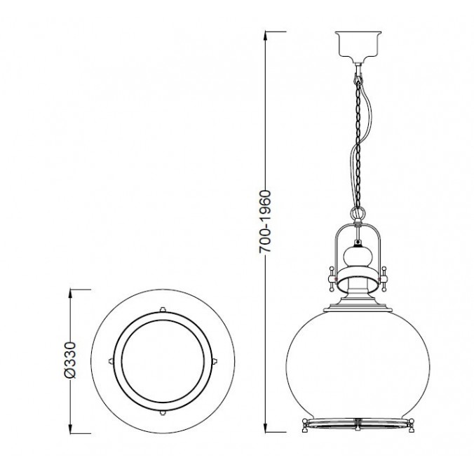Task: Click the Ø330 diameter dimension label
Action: tap(70, 360)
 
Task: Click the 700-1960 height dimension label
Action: tap(266, 222)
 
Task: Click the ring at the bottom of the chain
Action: tap(358, 213)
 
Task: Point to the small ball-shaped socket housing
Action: tap(358, 256)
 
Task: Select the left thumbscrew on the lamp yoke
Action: tap(332, 278)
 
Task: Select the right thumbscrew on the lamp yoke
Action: tap(384, 278)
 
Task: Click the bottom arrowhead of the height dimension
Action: tap(266, 428)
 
